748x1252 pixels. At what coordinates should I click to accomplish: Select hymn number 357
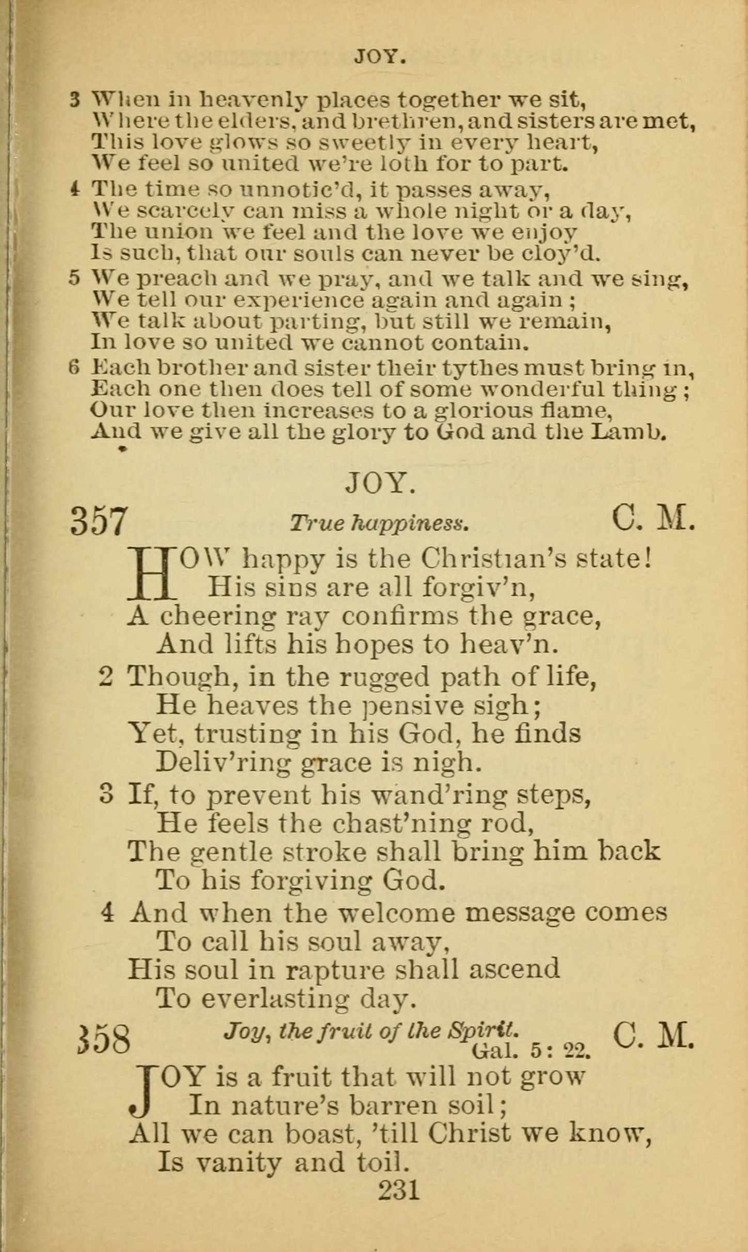(x=98, y=521)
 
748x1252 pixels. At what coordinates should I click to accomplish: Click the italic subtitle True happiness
(x=380, y=523)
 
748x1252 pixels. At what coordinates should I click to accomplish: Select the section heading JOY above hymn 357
(x=381, y=483)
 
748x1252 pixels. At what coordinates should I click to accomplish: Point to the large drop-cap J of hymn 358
(x=141, y=1092)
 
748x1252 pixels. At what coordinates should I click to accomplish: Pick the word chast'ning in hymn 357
(x=401, y=824)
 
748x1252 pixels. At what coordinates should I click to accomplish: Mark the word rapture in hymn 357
(x=335, y=969)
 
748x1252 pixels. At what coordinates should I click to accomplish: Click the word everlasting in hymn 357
(x=274, y=998)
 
